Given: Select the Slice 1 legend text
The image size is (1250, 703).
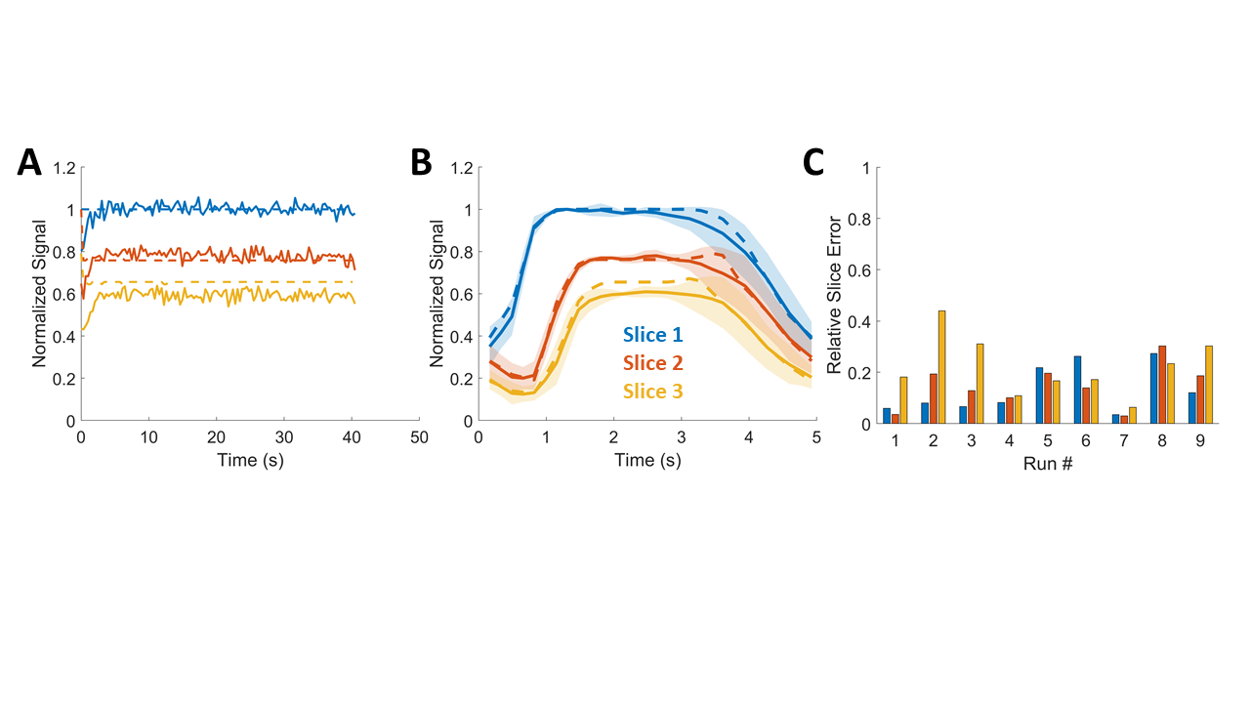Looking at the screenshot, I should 654,336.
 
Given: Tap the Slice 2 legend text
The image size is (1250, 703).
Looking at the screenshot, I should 654,364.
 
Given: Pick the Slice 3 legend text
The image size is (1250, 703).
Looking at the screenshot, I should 654,393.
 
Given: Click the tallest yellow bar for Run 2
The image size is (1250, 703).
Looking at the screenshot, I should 941,367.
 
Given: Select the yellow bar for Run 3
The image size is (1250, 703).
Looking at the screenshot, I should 979,384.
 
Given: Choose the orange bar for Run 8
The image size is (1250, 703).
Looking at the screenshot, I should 1162,385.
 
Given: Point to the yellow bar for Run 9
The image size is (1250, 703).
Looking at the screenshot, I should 1208,385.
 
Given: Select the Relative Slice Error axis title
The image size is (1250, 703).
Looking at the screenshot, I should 835,296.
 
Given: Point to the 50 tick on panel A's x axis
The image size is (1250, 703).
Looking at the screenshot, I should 419,436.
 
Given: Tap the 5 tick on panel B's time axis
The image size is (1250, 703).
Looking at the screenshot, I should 816,436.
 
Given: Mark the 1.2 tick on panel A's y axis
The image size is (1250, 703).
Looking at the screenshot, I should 63,168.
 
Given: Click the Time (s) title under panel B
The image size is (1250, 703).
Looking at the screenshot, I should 647,461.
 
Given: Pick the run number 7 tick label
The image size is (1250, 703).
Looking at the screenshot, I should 1123,440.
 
